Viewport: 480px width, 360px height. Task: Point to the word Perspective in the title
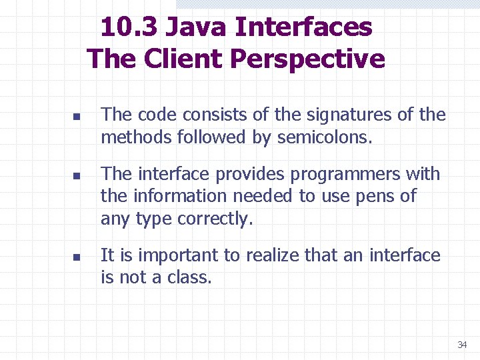[x=307, y=59]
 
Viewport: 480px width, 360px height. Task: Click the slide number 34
[x=462, y=345]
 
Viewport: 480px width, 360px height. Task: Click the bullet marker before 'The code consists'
[x=77, y=117]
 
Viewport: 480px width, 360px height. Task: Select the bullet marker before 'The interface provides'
[x=77, y=177]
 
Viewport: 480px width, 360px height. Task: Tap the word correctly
[x=215, y=219]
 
